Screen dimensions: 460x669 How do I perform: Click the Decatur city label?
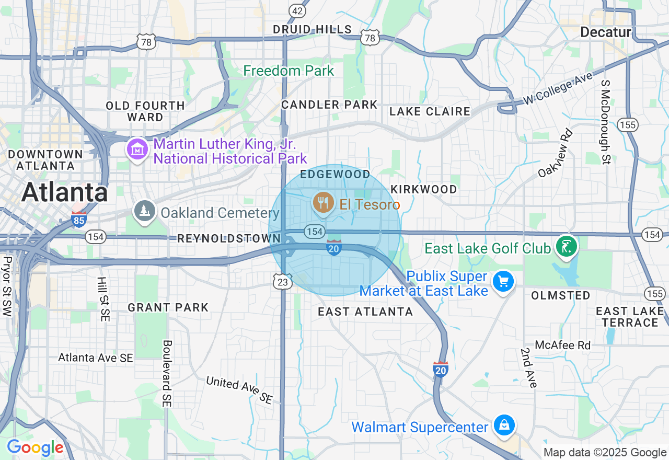point(606,32)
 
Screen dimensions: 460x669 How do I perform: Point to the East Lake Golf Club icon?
point(566,246)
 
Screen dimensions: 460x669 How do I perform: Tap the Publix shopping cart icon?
point(503,282)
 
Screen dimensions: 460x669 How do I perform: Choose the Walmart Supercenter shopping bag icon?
point(503,425)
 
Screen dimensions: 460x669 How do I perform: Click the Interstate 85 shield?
point(78,220)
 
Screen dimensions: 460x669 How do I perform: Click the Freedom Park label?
point(289,71)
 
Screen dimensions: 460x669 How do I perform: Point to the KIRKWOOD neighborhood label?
point(424,189)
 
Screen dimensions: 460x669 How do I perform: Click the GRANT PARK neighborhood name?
point(168,307)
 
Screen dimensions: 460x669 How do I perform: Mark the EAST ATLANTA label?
point(366,312)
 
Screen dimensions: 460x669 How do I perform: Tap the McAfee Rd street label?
point(562,345)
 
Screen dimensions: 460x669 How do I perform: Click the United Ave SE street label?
point(239,389)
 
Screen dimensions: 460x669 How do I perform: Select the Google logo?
point(35,447)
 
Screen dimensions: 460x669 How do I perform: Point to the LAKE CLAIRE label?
point(430,111)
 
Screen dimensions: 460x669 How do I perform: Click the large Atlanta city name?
point(65,192)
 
